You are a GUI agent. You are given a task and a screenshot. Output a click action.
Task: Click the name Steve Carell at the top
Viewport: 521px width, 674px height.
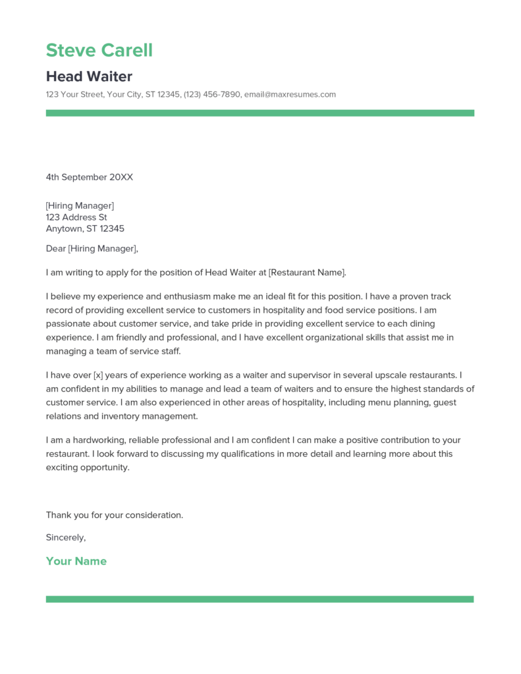99,50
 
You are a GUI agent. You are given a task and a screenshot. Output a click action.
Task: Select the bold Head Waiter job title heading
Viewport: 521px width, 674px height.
89,76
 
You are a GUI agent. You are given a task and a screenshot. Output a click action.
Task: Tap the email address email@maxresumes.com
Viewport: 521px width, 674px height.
290,94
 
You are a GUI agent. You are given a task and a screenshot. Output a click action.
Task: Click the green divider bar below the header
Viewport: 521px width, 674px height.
260,113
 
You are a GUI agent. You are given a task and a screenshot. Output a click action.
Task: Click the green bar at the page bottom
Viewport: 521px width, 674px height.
260,599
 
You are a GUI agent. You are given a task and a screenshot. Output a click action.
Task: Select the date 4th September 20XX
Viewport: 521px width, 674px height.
90,177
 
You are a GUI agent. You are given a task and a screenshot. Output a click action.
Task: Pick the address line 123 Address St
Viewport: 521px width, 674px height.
76,217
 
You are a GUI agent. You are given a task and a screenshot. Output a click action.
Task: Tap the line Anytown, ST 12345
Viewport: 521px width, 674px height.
85,229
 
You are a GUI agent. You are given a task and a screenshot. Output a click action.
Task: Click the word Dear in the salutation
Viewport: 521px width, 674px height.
55,248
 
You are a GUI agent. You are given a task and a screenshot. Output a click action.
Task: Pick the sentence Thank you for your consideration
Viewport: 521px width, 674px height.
115,515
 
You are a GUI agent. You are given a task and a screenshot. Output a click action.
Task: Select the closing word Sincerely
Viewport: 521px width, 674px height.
65,538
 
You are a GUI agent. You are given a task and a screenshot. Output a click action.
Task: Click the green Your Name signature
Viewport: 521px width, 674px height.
76,561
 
